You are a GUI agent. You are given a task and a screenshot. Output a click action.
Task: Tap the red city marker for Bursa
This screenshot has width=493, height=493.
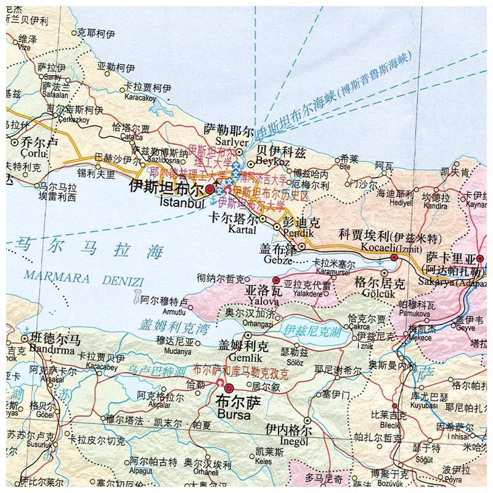[230, 388]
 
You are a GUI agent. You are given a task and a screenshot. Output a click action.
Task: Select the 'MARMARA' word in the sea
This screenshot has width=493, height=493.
[57, 277]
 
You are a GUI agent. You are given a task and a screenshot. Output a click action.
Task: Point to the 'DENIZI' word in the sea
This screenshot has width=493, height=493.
[123, 281]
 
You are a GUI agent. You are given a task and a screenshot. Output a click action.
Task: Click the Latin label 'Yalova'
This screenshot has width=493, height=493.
[263, 301]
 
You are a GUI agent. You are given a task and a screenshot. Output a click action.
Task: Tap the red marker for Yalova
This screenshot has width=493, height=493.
[276, 280]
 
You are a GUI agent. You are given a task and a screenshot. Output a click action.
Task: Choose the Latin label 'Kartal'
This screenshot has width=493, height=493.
[242, 230]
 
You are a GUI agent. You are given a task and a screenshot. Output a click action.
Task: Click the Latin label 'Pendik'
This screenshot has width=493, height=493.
[298, 233]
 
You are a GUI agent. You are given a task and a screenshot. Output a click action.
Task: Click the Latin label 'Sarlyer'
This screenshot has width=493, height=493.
[231, 142]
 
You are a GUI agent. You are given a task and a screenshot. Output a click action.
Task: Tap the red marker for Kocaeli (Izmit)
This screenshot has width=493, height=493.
[394, 257]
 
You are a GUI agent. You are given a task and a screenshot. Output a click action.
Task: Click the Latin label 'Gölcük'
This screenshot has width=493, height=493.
[379, 294]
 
